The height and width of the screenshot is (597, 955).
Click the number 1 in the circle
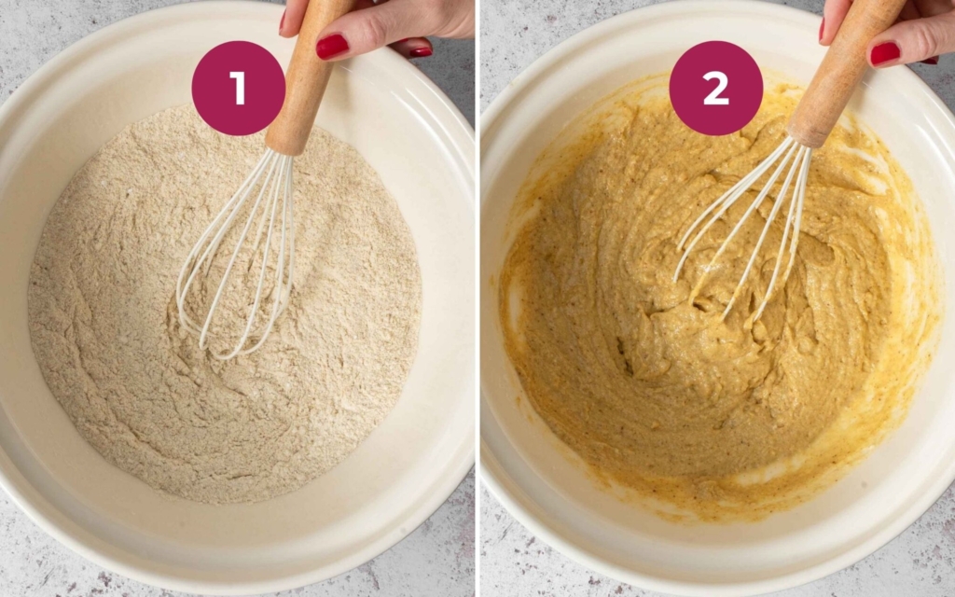click(238, 89)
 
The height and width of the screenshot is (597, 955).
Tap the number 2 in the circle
click(715, 89)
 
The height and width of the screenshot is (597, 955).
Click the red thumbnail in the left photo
click(332, 46)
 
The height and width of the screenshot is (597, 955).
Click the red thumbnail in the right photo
click(885, 53)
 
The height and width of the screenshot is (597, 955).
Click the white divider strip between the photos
click(477, 298)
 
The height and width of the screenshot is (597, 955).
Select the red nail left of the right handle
click(822, 29)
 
